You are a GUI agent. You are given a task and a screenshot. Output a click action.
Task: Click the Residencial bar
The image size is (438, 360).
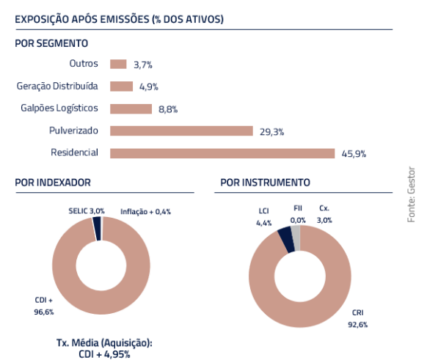(222, 153)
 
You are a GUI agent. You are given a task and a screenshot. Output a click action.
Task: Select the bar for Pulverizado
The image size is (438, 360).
(181, 131)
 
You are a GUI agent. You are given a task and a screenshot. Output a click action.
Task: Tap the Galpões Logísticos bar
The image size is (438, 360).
(131, 109)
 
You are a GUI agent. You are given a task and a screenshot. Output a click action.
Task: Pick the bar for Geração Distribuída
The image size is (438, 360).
(122, 87)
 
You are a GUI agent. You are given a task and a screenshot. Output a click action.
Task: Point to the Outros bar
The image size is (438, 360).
(118, 65)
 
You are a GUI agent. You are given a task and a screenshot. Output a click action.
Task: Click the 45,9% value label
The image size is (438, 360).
(354, 154)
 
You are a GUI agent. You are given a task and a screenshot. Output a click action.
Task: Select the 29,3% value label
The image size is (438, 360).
(271, 132)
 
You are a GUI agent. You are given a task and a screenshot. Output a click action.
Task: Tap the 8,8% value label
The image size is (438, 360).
(168, 109)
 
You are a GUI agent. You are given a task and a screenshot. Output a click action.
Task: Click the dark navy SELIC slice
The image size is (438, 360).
(97, 229)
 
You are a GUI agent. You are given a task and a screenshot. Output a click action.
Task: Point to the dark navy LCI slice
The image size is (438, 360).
(287, 240)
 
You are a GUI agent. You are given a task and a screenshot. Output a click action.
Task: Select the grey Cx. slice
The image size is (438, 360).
(296, 238)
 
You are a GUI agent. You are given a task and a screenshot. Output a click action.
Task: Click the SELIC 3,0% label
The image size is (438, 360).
(87, 211)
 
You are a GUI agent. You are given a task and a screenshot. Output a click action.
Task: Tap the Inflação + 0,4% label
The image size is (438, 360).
(145, 212)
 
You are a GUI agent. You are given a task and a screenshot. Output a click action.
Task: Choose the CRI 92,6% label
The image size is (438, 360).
(358, 318)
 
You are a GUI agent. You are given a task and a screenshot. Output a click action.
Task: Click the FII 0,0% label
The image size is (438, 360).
(298, 214)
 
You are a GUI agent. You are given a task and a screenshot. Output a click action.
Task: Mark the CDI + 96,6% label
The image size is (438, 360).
(44, 306)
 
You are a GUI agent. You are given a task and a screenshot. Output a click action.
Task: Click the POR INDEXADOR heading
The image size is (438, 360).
(53, 183)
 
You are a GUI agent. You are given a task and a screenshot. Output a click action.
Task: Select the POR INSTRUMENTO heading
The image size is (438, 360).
(265, 183)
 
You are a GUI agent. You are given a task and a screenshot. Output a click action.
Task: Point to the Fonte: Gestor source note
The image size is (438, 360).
(411, 194)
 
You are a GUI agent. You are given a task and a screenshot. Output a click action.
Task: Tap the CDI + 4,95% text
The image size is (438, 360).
(104, 354)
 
